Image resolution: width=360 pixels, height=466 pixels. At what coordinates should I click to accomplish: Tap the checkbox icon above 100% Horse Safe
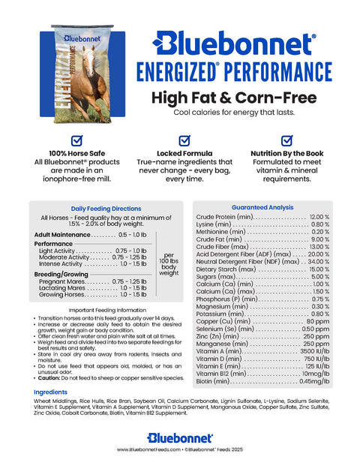point(76,140)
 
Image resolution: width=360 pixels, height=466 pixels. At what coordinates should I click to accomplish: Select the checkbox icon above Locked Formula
point(184,140)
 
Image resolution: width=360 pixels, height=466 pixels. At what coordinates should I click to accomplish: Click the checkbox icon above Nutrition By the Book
point(286,140)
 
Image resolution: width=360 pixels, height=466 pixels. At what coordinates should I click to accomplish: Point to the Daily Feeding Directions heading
point(106,209)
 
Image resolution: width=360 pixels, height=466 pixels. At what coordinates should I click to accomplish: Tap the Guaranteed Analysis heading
point(262,206)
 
